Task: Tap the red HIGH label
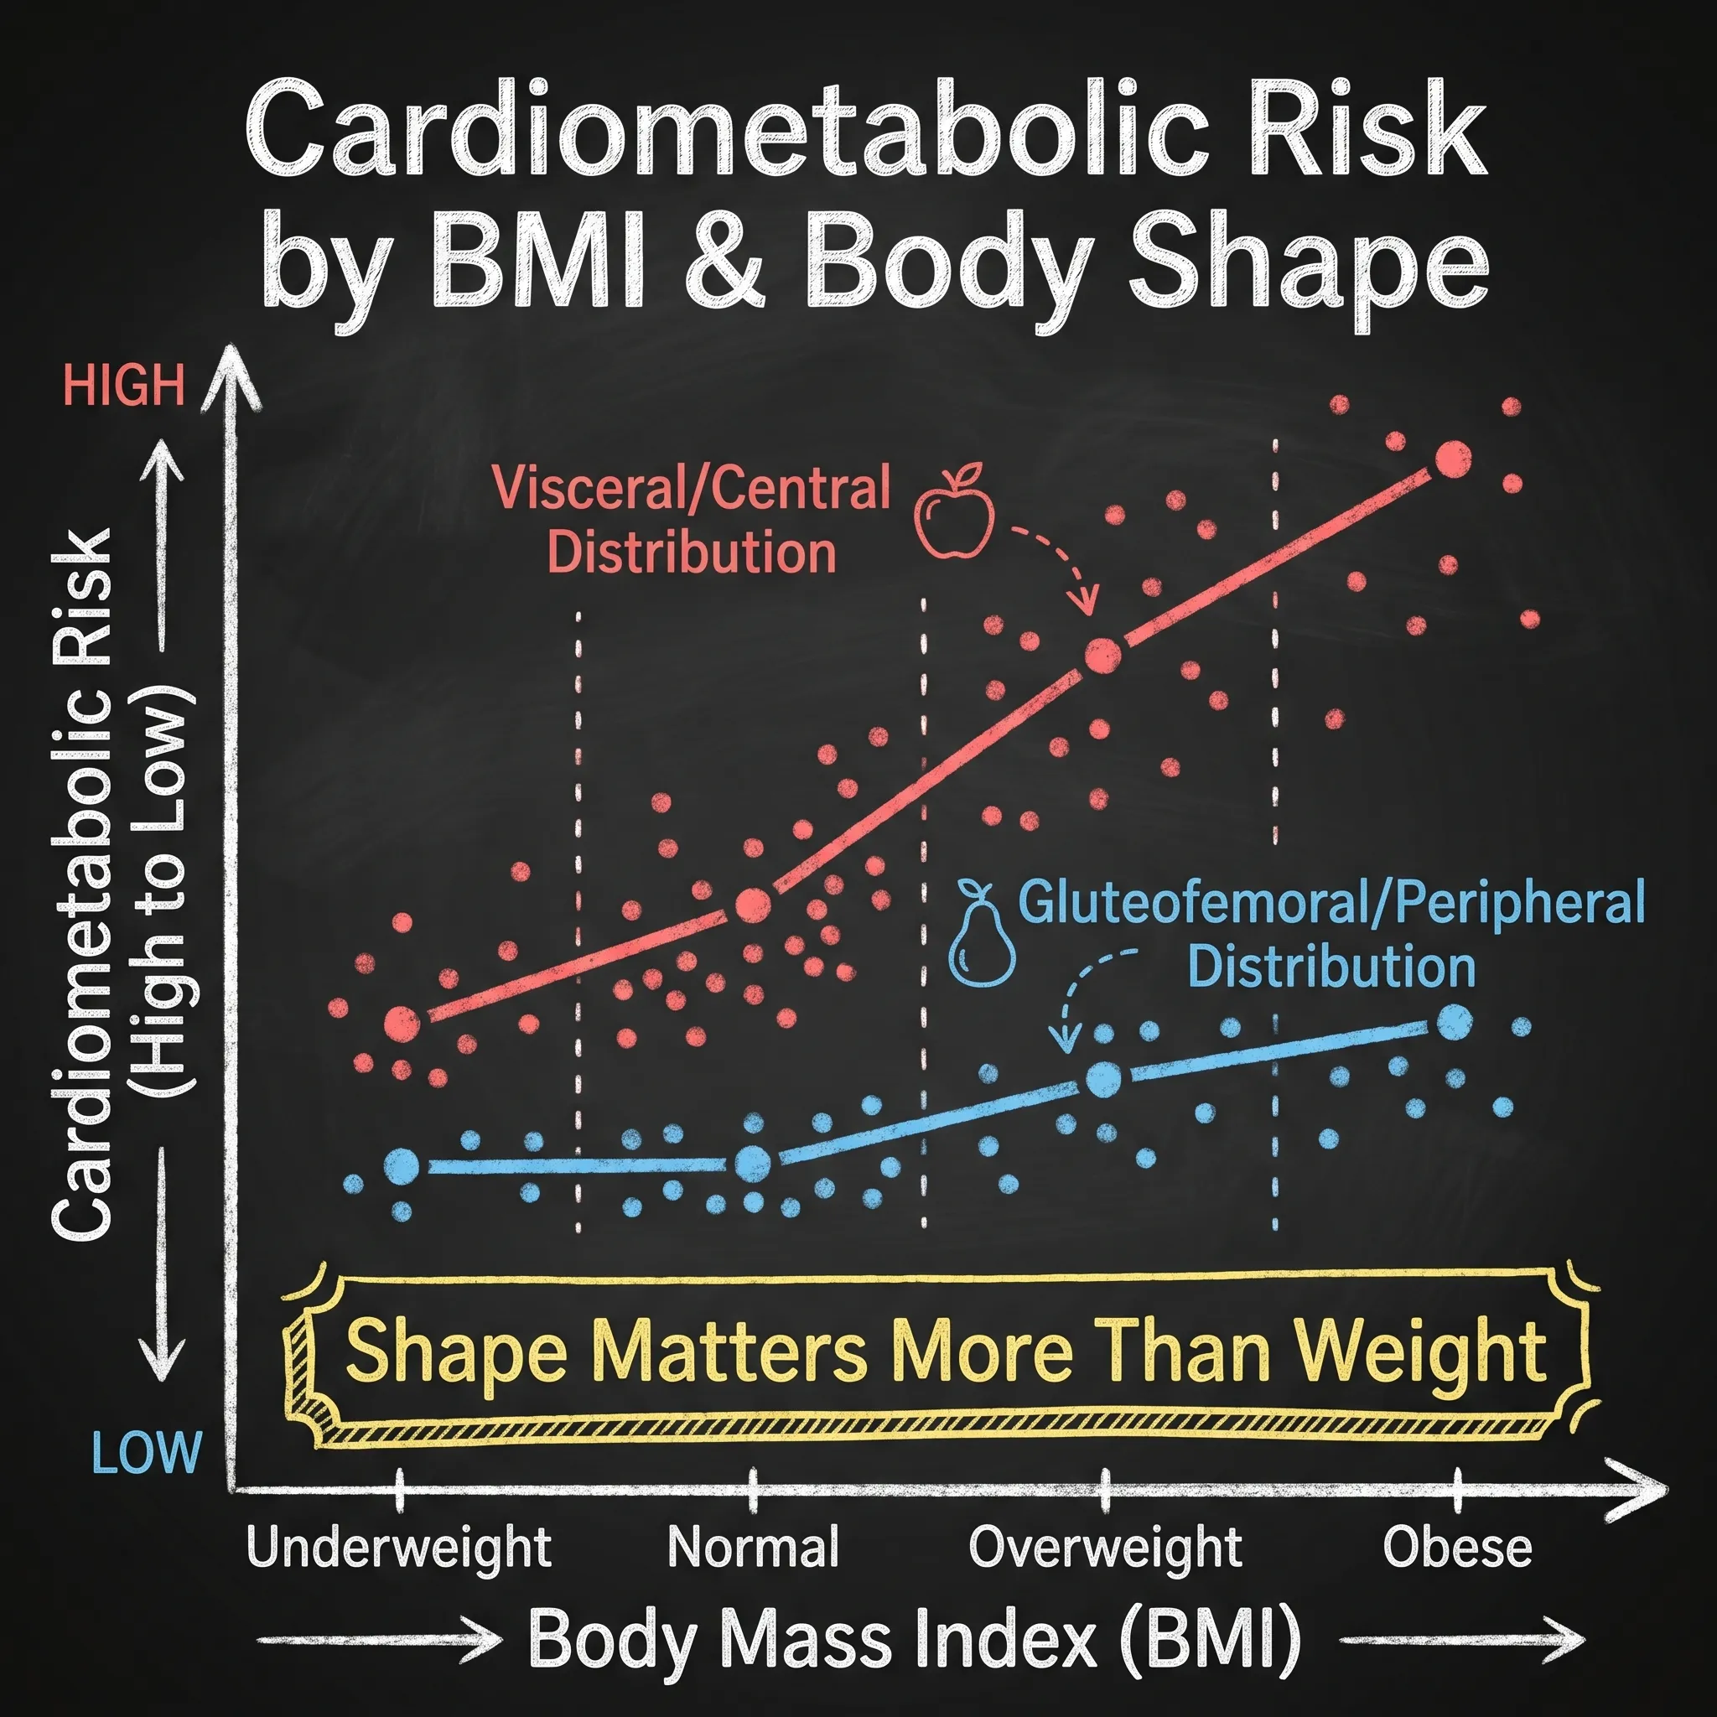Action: click(123, 385)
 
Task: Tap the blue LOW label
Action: click(147, 1453)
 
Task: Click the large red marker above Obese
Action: click(1453, 459)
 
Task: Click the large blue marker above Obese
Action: click(1454, 1023)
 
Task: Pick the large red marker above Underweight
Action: click(402, 1024)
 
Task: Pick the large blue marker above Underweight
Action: click(401, 1165)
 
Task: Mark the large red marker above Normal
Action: click(754, 905)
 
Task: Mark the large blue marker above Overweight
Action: click(1104, 1079)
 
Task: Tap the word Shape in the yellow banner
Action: click(456, 1351)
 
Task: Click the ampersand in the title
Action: click(726, 264)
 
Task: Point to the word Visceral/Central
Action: click(691, 488)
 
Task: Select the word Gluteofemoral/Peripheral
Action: click(1331, 902)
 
